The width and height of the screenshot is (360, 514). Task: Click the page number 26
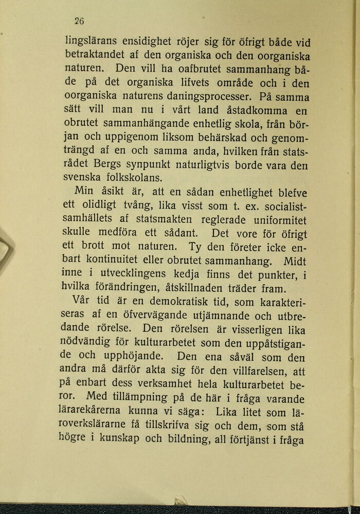[79, 21]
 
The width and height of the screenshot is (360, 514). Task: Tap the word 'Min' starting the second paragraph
[84, 192]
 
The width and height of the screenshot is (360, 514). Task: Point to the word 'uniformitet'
[280, 219]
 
